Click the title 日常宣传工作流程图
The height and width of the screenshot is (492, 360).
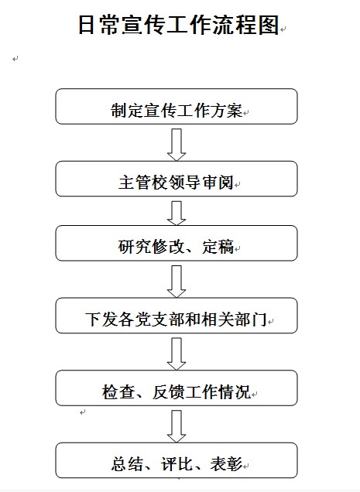pyautogui.click(x=178, y=25)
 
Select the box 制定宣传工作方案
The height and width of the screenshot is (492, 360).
pyautogui.click(x=177, y=107)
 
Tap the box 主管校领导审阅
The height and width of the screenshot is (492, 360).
pyautogui.click(x=177, y=179)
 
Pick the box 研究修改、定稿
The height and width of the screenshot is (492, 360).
pyautogui.click(x=177, y=243)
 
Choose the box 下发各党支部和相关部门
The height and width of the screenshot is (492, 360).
pyautogui.click(x=177, y=316)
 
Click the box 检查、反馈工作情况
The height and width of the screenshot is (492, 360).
pyautogui.click(x=177, y=388)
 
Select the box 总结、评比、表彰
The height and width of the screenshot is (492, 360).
pyautogui.click(x=177, y=460)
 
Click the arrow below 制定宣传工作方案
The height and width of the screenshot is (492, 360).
pyautogui.click(x=177, y=145)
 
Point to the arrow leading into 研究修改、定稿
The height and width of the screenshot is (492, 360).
pyautogui.click(x=177, y=213)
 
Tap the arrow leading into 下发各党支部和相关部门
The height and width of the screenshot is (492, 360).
pyautogui.click(x=177, y=282)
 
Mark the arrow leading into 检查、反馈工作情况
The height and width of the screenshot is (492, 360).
pyautogui.click(x=177, y=354)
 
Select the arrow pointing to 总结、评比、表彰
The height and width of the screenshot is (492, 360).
pyautogui.click(x=177, y=426)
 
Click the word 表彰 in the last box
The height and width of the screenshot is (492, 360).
pyautogui.click(x=226, y=464)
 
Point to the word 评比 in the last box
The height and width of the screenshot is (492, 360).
pyautogui.click(x=177, y=464)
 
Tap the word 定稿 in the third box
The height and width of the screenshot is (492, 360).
pyautogui.click(x=218, y=247)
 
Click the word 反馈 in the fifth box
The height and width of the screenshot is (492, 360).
pyautogui.click(x=169, y=391)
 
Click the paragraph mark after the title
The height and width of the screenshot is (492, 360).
pyautogui.click(x=283, y=29)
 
